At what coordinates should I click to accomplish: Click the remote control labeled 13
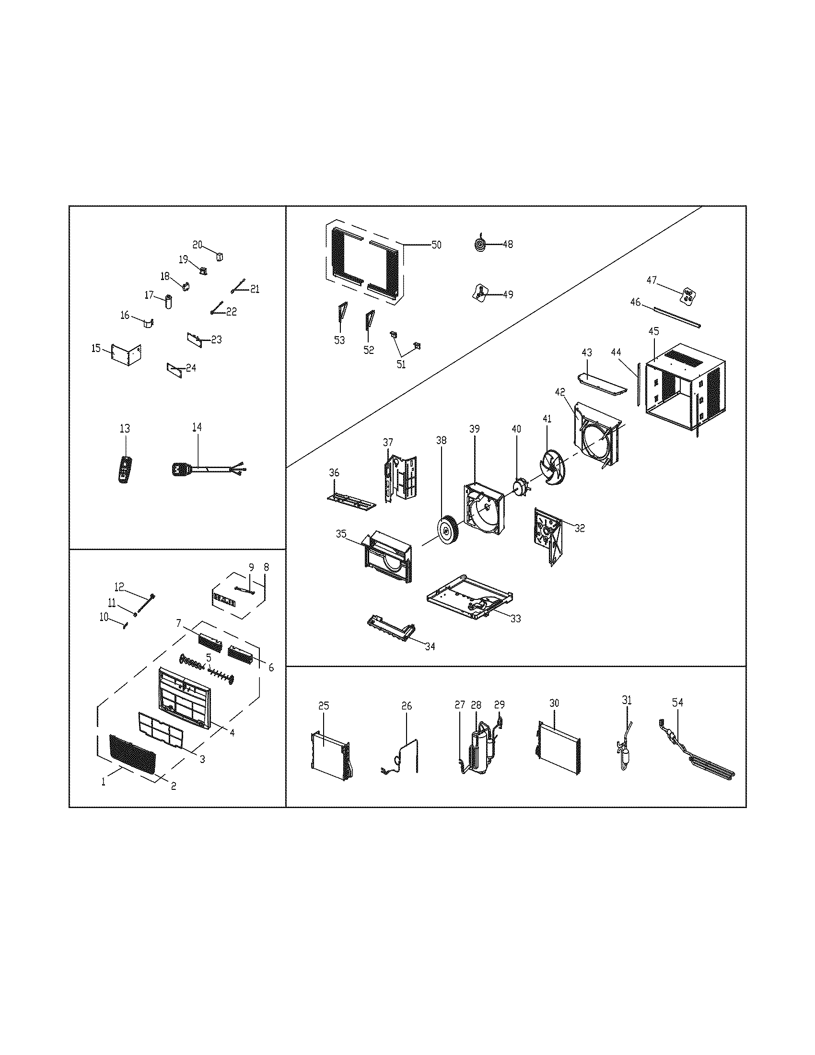click(125, 469)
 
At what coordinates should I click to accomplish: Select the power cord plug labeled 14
click(180, 468)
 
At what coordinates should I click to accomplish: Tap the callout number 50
click(436, 245)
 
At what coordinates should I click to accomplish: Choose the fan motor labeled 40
click(519, 488)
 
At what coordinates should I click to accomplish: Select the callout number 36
click(334, 473)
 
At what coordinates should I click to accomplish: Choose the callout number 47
click(652, 280)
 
